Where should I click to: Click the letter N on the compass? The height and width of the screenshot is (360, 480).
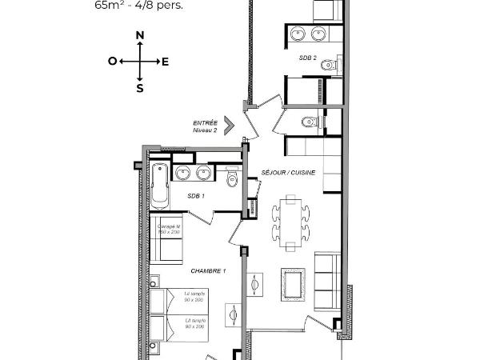coord(140,36)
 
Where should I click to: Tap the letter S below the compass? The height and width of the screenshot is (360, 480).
coord(140,89)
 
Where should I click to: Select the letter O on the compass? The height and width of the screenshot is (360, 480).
coord(113,61)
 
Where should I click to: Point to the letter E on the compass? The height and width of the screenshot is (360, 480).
coord(165,61)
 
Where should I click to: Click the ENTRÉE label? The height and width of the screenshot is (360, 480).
coord(206,122)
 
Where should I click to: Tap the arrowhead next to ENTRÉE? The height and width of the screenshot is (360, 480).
coord(229,125)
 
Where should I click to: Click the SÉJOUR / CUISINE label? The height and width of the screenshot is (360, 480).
coord(288,173)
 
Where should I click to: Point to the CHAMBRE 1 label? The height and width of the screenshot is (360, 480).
coord(208,271)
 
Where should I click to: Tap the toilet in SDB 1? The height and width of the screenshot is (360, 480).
coord(232,178)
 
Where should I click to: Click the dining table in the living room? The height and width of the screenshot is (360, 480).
coord(290,224)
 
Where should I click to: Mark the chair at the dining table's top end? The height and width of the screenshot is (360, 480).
coord(290,199)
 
